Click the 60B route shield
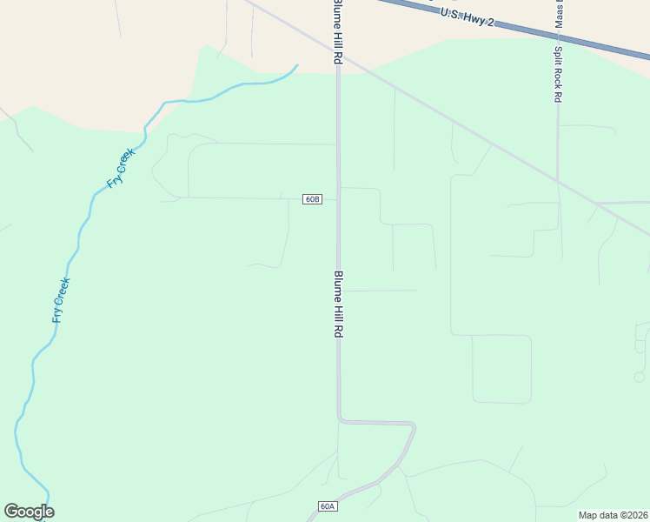[x=313, y=199]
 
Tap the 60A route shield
[x=327, y=506]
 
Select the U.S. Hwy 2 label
[x=467, y=17]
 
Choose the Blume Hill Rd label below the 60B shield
[x=339, y=304]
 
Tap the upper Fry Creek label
[x=121, y=169]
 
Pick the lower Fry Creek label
[x=60, y=300]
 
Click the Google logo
[x=29, y=512]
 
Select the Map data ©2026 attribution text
[x=613, y=515]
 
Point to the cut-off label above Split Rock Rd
[x=558, y=12]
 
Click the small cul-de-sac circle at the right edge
[x=640, y=377]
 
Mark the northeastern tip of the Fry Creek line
[x=297, y=65]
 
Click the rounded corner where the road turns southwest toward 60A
[x=413, y=426]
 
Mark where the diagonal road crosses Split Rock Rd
[x=559, y=181]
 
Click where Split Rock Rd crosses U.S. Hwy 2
[x=557, y=35]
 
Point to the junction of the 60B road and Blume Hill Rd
[x=338, y=199]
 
